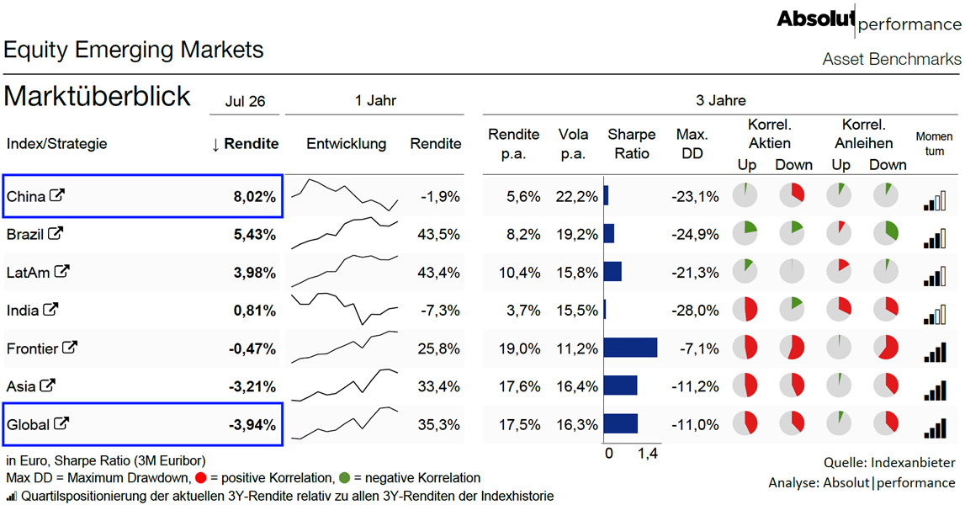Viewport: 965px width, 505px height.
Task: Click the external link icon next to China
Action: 56,196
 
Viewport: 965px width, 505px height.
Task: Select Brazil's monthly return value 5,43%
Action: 255,235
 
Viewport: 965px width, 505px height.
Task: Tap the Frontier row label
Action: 32,348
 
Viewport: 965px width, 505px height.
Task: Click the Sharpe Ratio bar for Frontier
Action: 631,348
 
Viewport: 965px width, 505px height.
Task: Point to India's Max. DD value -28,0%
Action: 695,311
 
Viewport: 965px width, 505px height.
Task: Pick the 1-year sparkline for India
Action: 345,309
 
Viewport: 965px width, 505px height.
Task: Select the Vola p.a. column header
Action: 573,143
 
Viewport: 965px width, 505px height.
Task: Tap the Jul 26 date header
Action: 245,101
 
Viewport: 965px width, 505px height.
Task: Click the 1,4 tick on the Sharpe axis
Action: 648,454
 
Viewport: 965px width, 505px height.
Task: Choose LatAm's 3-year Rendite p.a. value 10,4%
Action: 519,272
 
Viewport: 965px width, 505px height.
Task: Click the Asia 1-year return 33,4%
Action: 439,387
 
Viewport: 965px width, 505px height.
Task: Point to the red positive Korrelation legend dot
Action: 200,478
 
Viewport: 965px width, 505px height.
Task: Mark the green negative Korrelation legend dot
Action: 344,478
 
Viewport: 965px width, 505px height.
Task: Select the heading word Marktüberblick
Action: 98,96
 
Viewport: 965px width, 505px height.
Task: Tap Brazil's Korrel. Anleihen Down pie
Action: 886,233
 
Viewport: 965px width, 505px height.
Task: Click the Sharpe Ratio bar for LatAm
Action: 613,272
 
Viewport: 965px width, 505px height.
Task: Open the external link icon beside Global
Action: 61,423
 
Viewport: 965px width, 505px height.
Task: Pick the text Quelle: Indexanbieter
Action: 889,463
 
